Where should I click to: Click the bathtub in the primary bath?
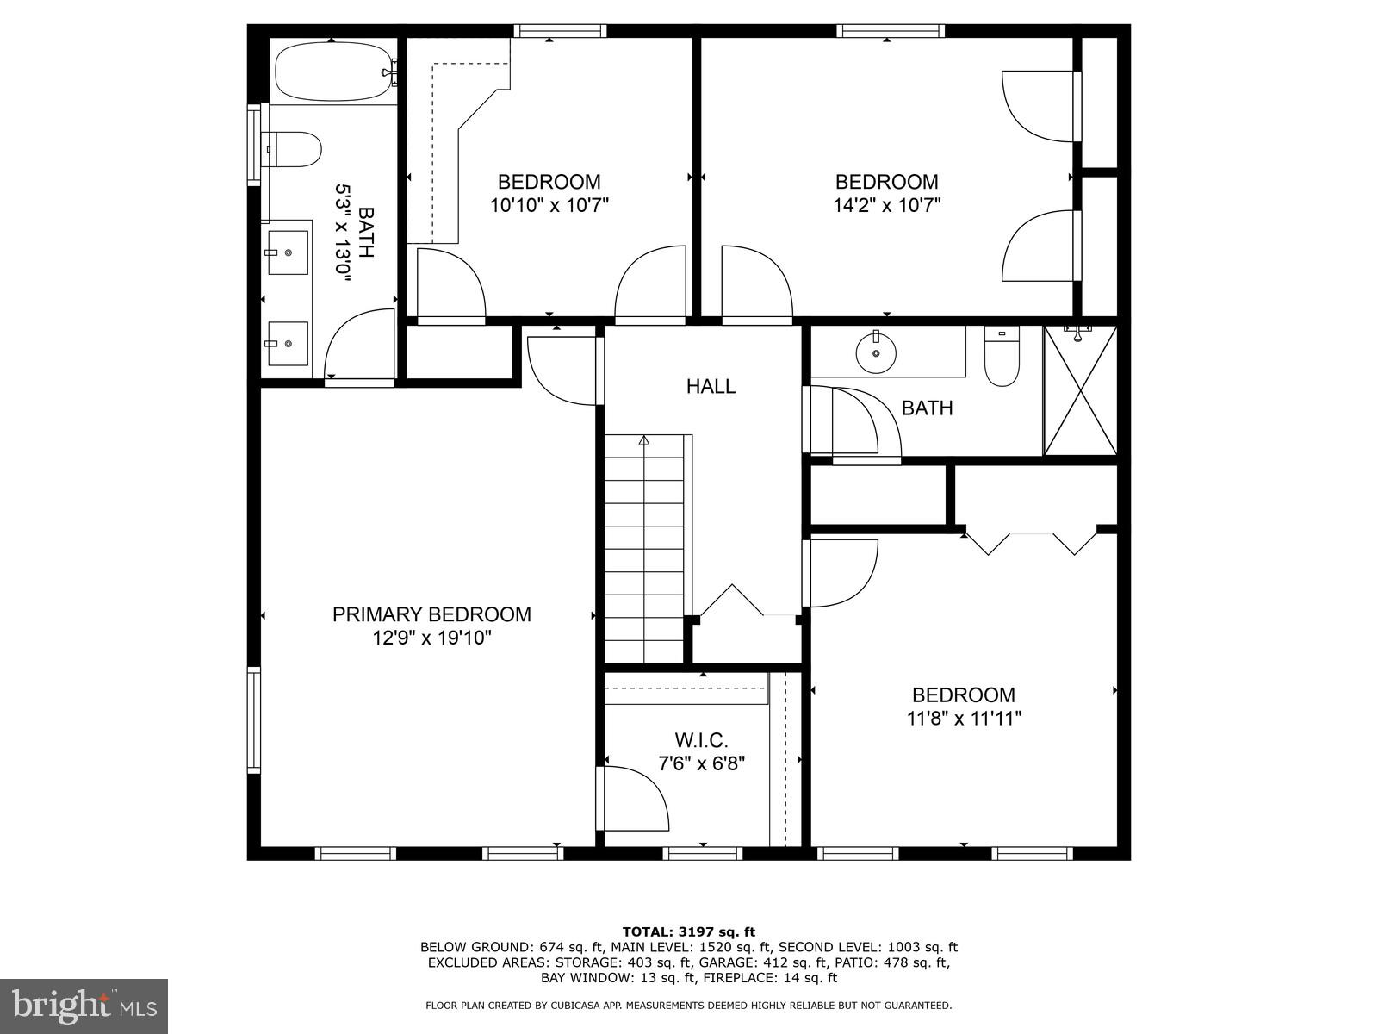tap(334, 72)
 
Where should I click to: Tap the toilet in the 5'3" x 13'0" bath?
tap(293, 149)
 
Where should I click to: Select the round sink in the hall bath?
tap(876, 352)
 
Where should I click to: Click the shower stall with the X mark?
tap(1080, 390)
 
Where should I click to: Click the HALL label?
tap(711, 386)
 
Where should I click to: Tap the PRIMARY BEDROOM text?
tap(431, 614)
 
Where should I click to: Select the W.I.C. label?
tap(701, 740)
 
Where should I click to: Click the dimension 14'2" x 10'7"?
tap(886, 205)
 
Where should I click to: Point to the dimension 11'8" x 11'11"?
tap(964, 718)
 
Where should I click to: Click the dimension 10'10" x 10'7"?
tap(549, 205)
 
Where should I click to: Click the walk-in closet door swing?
tap(636, 799)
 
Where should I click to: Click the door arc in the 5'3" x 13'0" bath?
tap(357, 345)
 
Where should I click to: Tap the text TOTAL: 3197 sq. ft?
tap(688, 931)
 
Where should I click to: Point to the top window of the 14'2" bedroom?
tap(891, 31)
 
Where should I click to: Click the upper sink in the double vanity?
tap(288, 252)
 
